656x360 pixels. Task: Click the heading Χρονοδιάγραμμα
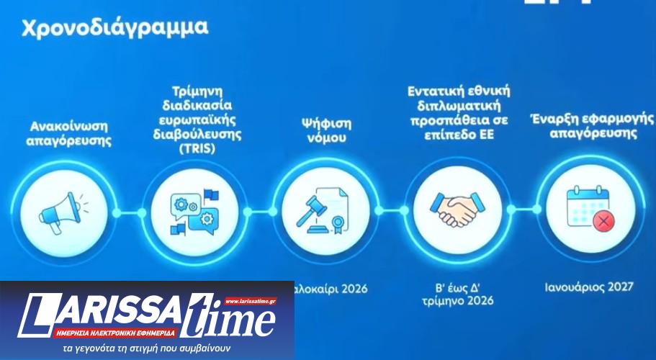click(115, 27)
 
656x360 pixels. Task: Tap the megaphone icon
click(58, 210)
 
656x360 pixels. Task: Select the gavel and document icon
click(318, 210)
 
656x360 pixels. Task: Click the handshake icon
click(458, 210)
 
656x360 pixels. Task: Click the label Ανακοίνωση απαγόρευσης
click(69, 134)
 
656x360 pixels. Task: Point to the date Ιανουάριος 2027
click(589, 287)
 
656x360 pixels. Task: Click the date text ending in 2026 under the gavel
click(331, 289)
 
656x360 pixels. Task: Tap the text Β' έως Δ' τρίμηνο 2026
click(459, 294)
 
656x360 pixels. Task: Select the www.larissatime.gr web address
click(250, 301)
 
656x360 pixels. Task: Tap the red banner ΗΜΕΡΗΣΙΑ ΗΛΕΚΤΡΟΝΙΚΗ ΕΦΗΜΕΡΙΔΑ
click(115, 333)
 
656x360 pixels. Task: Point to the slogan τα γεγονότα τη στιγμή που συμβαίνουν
click(146, 349)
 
